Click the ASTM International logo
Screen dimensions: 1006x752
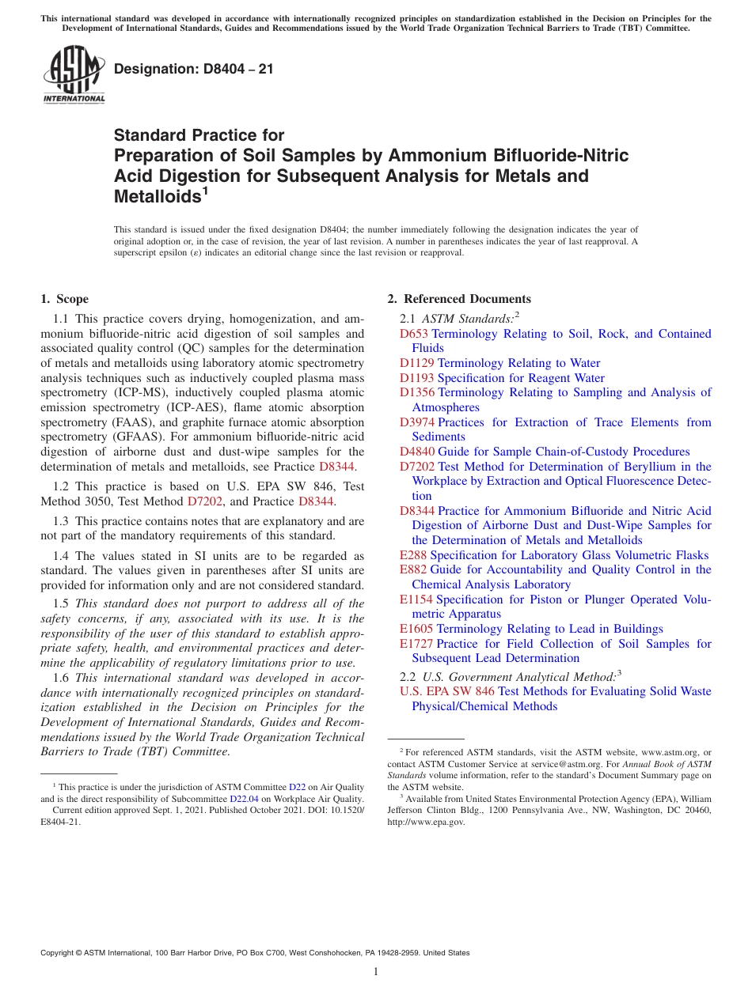(74, 74)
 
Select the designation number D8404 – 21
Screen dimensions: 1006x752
(193, 69)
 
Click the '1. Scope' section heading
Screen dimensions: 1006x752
(65, 299)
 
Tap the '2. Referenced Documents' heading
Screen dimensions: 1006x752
(459, 299)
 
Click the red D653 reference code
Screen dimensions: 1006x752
(414, 334)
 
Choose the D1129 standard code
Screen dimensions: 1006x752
(417, 363)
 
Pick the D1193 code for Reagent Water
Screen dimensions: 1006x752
(417, 378)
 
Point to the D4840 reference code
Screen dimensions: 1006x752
(417, 452)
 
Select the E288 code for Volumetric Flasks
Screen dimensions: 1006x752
(413, 555)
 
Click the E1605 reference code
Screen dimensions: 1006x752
(416, 629)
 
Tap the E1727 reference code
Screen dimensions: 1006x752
(416, 644)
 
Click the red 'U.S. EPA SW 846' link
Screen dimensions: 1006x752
(447, 691)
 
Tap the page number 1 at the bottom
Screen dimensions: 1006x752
(376, 971)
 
